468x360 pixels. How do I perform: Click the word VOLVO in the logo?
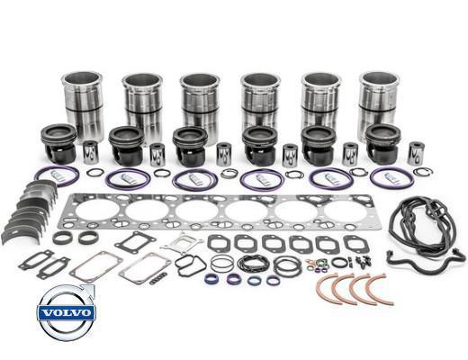(67, 313)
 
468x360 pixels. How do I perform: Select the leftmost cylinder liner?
(83, 105)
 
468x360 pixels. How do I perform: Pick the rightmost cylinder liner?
(380, 105)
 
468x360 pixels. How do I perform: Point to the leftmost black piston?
(58, 144)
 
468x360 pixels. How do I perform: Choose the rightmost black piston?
(383, 144)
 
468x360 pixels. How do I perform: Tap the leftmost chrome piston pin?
(91, 152)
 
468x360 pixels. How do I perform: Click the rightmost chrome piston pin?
(416, 153)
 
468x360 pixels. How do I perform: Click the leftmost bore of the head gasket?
(96, 210)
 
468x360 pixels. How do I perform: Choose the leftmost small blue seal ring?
(211, 279)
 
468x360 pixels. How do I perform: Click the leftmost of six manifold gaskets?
(219, 243)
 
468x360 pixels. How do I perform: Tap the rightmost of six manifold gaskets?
(356, 244)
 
